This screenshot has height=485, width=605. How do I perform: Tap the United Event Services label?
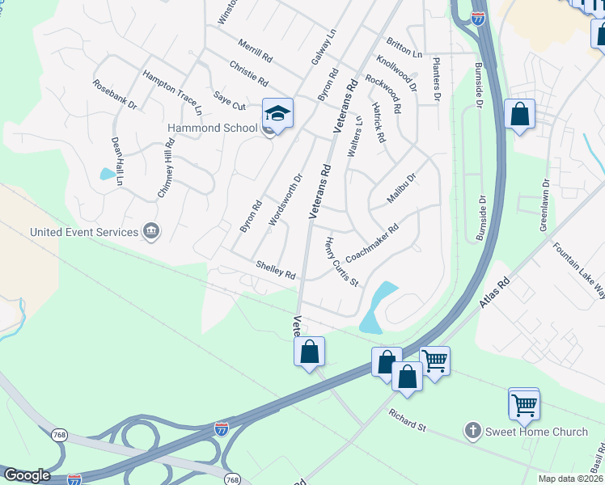click(84, 232)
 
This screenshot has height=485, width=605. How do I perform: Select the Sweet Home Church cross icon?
click(473, 431)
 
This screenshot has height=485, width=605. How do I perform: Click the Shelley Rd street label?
click(275, 269)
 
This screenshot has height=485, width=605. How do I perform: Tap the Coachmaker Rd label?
click(372, 242)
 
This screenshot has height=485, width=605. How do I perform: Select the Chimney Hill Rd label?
click(166, 168)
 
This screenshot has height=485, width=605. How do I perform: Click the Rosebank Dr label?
click(114, 94)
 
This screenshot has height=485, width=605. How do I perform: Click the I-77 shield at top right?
click(477, 18)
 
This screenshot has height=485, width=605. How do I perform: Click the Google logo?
click(27, 475)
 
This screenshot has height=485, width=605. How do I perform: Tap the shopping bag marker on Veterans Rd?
click(309, 352)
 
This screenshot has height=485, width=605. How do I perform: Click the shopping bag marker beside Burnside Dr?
click(519, 114)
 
